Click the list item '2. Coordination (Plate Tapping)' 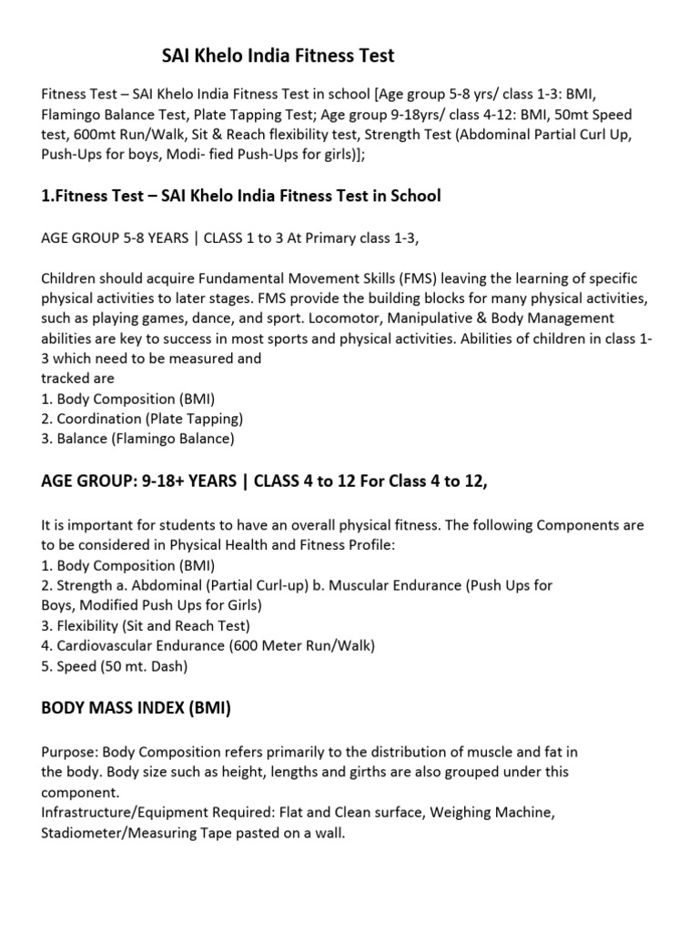pos(142,419)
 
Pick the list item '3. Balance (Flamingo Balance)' pos(137,439)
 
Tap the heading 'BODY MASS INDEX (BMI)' pos(137,706)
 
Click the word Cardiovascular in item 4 pos(106,645)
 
